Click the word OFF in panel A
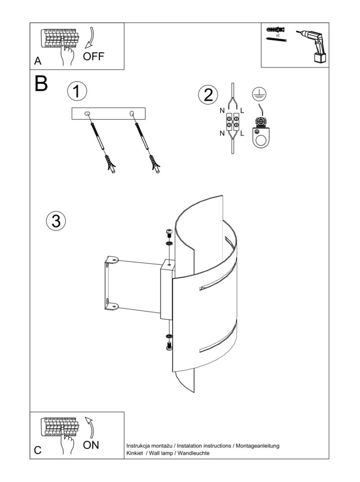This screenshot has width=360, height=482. [94, 57]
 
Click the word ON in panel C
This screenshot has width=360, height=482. [91, 445]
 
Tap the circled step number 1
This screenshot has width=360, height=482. [77, 91]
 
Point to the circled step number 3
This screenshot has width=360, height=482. [56, 221]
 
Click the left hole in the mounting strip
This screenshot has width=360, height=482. [88, 114]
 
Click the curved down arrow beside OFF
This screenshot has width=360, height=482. [90, 38]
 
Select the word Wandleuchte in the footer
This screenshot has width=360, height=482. [193, 453]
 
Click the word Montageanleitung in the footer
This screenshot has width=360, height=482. [257, 446]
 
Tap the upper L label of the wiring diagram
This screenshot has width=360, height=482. [243, 111]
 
